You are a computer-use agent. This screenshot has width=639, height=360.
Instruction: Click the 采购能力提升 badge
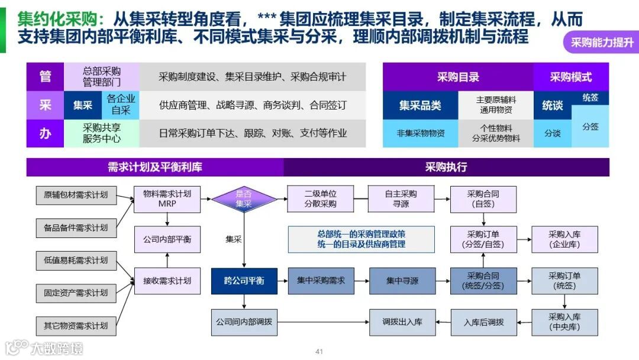(x=602, y=43)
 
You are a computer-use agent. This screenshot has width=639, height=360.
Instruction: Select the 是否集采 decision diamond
(x=244, y=199)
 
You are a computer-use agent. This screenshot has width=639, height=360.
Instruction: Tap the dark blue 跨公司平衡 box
(x=244, y=281)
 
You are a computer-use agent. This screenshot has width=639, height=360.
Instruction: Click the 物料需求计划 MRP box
(x=167, y=199)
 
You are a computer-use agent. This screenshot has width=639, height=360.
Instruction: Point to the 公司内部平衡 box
(x=167, y=240)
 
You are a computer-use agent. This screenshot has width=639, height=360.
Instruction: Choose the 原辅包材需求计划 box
(x=76, y=195)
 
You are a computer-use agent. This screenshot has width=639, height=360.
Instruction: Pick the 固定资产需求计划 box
(x=76, y=292)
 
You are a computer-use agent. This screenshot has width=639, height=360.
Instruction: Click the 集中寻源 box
(x=402, y=281)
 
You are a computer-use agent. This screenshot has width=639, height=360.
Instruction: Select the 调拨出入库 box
(x=402, y=322)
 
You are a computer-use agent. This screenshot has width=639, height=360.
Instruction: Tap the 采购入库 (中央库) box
(x=564, y=322)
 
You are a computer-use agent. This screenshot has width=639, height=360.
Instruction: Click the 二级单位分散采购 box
(x=321, y=199)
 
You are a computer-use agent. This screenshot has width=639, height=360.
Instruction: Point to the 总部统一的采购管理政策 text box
(x=361, y=239)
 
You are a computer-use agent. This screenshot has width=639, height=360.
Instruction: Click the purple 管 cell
(x=45, y=76)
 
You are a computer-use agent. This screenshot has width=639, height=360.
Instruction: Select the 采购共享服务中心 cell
(x=102, y=133)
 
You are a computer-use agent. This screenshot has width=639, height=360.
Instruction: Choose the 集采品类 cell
(x=420, y=105)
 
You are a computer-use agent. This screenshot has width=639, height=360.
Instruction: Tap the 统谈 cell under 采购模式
(x=553, y=105)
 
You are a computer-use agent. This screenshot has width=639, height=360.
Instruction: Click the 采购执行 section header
(x=446, y=167)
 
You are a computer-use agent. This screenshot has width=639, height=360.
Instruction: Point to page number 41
(x=319, y=352)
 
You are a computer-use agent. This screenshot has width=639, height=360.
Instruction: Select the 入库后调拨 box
(x=483, y=322)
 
